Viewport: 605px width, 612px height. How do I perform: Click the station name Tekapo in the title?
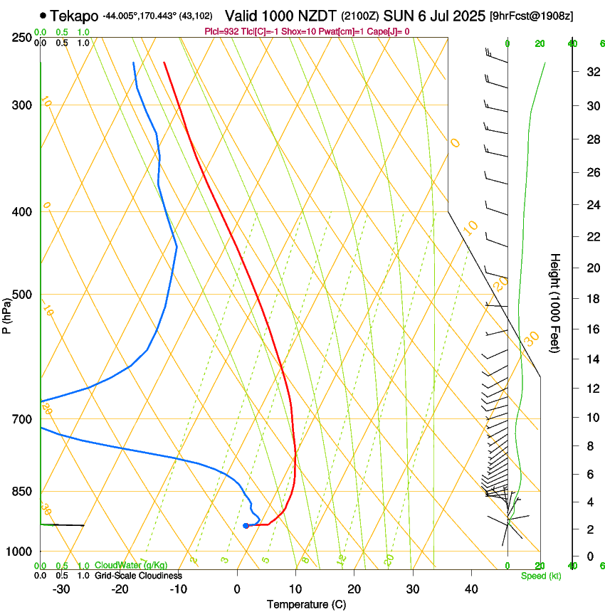tap(74, 16)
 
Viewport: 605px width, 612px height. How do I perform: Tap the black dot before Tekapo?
tap(43, 16)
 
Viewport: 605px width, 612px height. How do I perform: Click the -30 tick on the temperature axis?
tap(61, 589)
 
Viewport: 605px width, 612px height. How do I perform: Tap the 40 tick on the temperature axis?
tap(470, 589)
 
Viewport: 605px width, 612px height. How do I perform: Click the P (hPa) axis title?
tap(6, 314)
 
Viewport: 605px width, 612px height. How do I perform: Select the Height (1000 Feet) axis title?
tap(555, 302)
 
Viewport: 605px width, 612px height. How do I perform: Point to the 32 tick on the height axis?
tap(591, 72)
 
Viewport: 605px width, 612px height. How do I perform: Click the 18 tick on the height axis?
tap(591, 299)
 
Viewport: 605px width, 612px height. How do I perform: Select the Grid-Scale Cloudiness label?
tap(138, 576)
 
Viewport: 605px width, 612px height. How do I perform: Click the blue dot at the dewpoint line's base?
tap(246, 526)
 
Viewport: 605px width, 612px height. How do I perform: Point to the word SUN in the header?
tap(398, 16)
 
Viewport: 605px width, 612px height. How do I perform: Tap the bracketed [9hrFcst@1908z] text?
tap(532, 16)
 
